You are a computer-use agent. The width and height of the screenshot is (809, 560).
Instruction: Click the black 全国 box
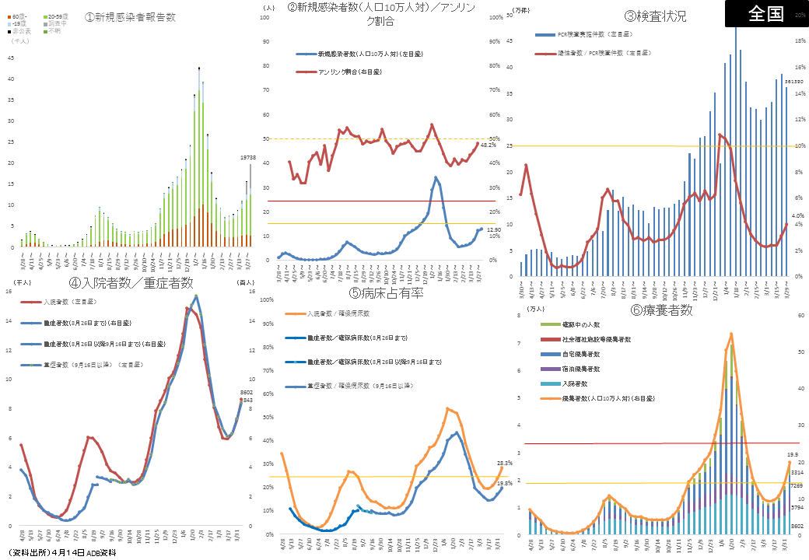(766, 13)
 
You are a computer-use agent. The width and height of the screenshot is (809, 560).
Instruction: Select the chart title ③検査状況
(655, 16)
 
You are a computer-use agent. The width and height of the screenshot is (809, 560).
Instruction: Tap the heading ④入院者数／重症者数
(131, 282)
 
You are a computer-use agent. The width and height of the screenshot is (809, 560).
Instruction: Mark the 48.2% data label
(487, 145)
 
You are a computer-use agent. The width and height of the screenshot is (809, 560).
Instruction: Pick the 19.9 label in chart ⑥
(793, 453)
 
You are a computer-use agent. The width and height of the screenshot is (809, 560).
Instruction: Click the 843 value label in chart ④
(247, 401)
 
